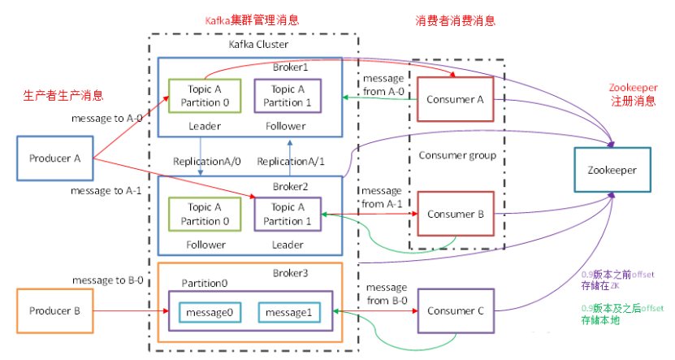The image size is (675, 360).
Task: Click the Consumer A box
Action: coord(455,99)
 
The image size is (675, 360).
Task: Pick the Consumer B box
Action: coord(455,215)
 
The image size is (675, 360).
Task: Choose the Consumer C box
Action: coord(455,310)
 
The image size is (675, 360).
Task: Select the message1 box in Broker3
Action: coord(284,312)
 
